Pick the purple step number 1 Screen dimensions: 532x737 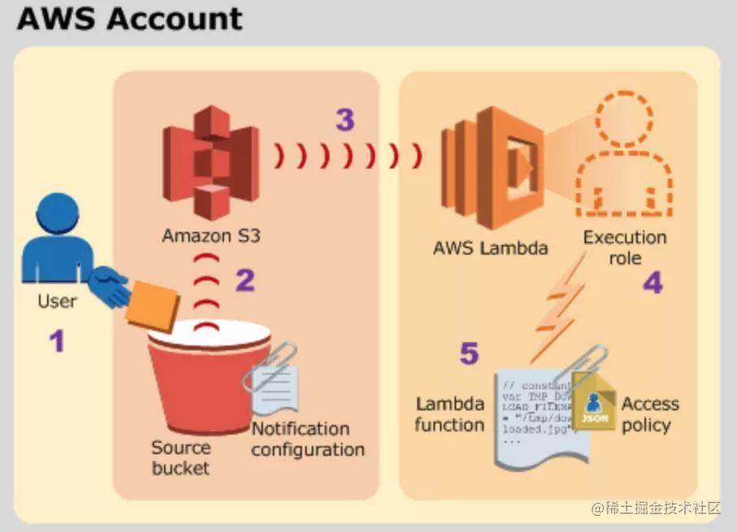click(56, 341)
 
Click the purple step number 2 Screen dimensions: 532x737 click(245, 280)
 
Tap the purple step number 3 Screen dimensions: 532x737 click(345, 120)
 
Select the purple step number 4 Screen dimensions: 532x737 click(653, 282)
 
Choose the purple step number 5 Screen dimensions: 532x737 click(469, 354)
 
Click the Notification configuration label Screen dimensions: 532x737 click(308, 439)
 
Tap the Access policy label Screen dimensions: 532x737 click(650, 414)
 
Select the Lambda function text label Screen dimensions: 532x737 click(450, 414)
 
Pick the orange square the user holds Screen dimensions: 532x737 click(153, 306)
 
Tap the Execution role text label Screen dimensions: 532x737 click(624, 247)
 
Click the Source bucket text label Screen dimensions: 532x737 click(180, 457)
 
